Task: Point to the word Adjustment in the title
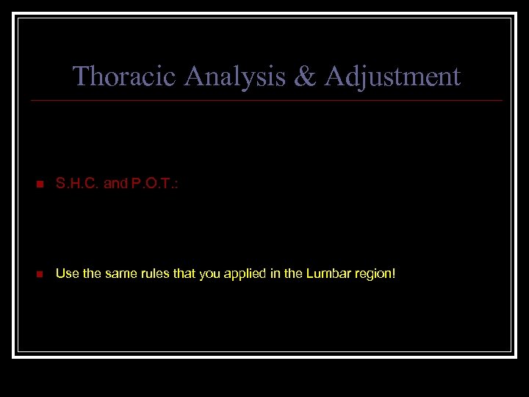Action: [392, 76]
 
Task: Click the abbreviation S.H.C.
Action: [78, 184]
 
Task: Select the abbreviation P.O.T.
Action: [151, 184]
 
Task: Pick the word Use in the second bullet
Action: [66, 273]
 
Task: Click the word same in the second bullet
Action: [118, 273]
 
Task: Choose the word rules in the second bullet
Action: [153, 273]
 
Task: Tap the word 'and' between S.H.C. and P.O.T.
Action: [115, 184]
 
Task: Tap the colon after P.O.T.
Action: [176, 184]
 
